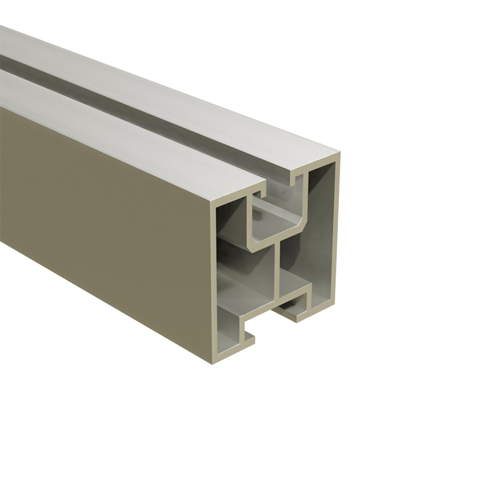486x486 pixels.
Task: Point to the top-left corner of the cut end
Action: tap(213, 204)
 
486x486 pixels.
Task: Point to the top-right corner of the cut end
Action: tap(338, 155)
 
